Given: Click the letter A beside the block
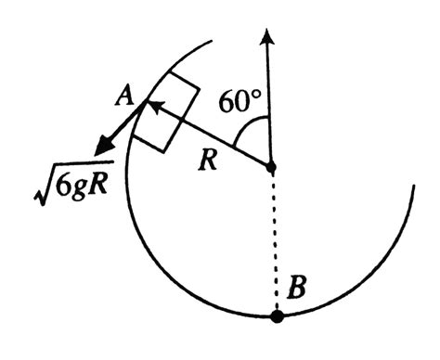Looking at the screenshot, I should pyautogui.click(x=121, y=94).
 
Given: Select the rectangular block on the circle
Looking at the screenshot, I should pyautogui.click(x=166, y=117).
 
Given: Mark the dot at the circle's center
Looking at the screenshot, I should pyautogui.click(x=269, y=168).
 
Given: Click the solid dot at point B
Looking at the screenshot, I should pyautogui.click(x=276, y=316).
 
